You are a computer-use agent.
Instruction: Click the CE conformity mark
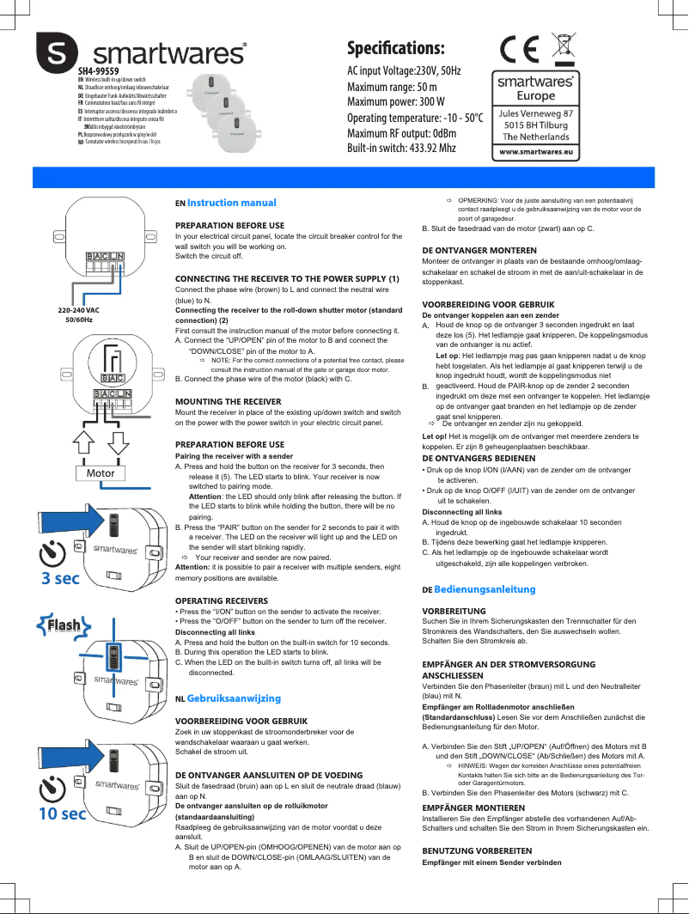(x=520, y=50)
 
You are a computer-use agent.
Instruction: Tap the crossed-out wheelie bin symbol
(x=564, y=49)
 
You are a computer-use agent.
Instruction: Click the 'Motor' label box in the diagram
(x=101, y=473)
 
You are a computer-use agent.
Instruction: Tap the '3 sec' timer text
(x=61, y=578)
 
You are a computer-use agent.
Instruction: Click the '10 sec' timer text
(x=61, y=813)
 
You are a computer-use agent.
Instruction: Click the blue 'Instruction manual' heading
(x=231, y=203)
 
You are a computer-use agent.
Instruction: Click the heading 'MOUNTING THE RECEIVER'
(x=228, y=401)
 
